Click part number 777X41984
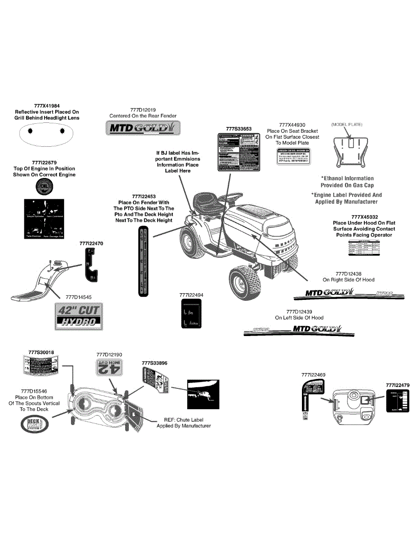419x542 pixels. point(47,106)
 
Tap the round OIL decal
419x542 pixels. point(44,187)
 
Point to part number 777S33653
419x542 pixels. point(239,129)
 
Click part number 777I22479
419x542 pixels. point(398,385)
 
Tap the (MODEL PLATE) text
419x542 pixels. point(347,124)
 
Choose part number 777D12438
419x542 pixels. point(348,274)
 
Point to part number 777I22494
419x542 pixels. point(191,295)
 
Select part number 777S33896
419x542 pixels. point(154,363)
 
